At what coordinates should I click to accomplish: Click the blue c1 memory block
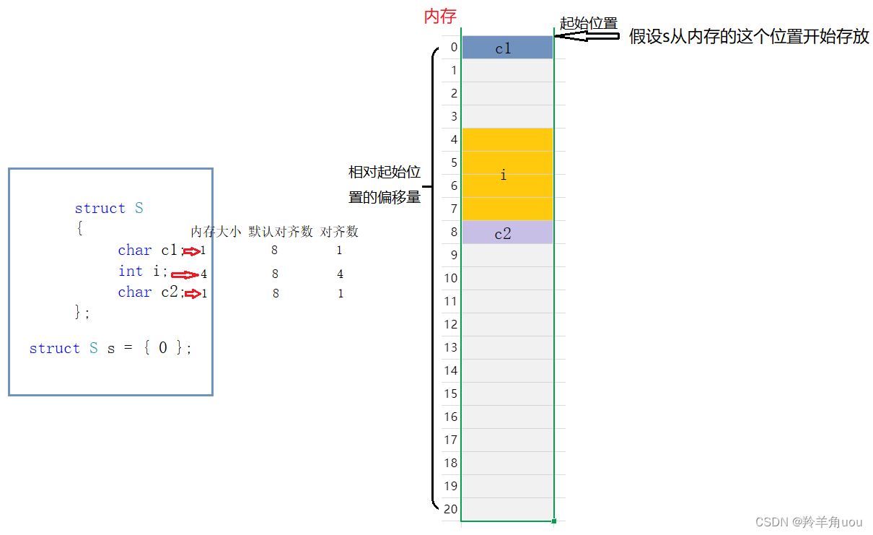pos(507,48)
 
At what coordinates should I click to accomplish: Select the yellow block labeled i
pos(507,174)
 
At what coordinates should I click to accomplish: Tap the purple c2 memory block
pos(507,232)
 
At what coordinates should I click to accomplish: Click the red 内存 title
pos(440,17)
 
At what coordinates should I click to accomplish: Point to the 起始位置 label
pos(589,23)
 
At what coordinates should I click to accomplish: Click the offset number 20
pos(450,508)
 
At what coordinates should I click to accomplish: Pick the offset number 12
pos(450,324)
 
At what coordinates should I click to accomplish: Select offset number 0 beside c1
pos(453,48)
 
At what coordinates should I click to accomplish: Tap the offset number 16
pos(450,417)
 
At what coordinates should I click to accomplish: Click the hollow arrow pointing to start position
pos(587,37)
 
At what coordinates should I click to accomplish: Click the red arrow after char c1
pos(190,251)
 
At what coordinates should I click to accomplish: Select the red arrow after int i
pos(185,274)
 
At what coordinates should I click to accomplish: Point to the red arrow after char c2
pos(191,294)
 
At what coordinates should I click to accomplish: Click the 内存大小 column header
pos(216,232)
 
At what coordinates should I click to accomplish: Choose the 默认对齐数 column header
pos(281,232)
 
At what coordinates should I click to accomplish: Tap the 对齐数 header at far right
pos(339,232)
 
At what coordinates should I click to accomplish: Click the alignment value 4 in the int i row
pos(340,274)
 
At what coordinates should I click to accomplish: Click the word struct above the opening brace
pos(100,209)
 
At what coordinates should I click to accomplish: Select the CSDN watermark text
pos(808,521)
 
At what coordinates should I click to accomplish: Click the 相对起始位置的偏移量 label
pos(385,185)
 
